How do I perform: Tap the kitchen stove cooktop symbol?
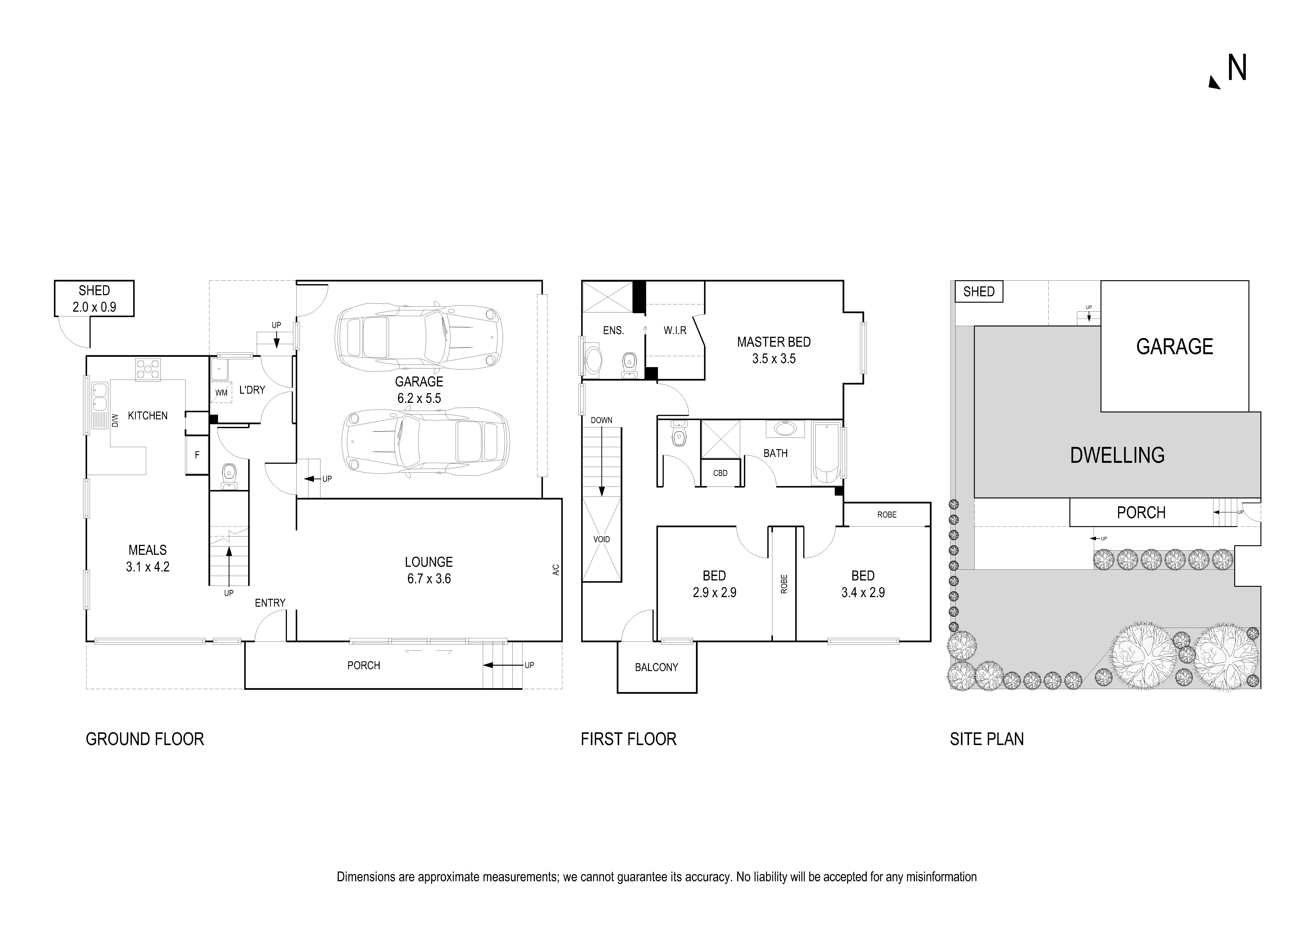click(148, 369)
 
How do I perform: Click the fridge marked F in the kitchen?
click(197, 455)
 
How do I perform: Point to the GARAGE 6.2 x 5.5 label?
click(419, 390)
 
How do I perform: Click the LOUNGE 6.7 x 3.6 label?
click(429, 570)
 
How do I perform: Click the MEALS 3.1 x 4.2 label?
click(148, 558)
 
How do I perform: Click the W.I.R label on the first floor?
click(675, 330)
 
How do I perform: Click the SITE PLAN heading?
click(987, 739)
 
